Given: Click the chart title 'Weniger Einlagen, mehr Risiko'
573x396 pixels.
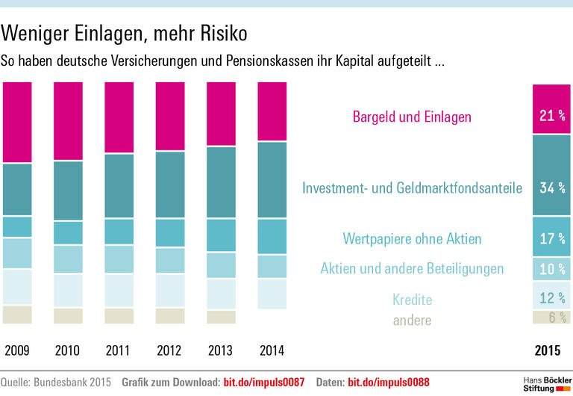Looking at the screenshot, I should coord(124,34).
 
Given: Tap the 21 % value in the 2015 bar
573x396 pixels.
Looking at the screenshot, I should coord(552,116).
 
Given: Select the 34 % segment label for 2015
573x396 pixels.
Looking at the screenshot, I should coord(552,188).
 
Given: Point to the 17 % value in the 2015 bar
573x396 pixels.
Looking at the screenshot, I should coord(552,239).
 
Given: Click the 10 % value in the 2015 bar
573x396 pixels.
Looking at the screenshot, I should coord(552,269).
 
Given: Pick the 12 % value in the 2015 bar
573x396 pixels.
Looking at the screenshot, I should coord(552,298).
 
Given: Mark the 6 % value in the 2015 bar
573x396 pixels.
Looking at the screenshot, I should coord(552,318).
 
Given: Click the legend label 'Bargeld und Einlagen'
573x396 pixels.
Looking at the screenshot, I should coord(412,117).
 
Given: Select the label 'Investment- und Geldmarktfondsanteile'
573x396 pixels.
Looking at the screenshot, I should coord(412,188).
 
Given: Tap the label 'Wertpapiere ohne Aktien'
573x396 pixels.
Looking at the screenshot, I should coord(412,239).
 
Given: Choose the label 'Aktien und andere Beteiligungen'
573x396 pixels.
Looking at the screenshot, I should coord(412,269).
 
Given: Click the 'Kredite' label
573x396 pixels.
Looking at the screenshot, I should coord(412,300).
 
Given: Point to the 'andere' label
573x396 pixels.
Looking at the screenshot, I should coord(412,320).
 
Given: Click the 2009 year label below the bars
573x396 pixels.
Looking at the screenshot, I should coord(17,350).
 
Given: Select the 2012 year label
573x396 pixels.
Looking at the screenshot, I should coord(170,350).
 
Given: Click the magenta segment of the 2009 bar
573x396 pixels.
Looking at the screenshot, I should coord(17,122).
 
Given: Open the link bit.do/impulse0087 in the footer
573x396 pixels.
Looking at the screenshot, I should coord(264,382).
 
